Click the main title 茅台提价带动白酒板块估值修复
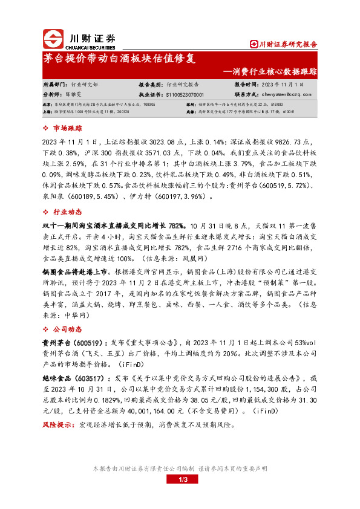[x=120, y=59]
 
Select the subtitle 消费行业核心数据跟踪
[x=272, y=71]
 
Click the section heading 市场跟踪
[x=67, y=129]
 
